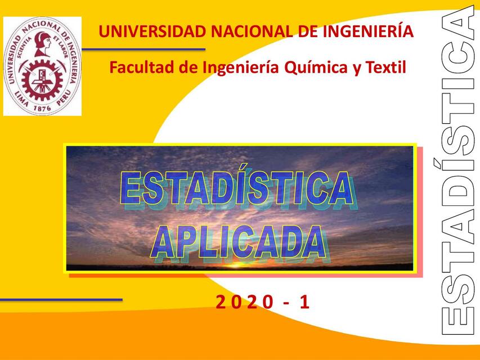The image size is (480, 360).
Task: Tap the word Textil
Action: coord(385,69)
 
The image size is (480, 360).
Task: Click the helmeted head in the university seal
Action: coord(42,43)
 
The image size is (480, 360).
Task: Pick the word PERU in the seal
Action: coord(65,94)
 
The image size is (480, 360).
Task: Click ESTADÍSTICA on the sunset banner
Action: coord(237,190)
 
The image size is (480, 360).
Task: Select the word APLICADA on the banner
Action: coord(239,242)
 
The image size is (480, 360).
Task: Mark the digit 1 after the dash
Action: coord(304,303)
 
